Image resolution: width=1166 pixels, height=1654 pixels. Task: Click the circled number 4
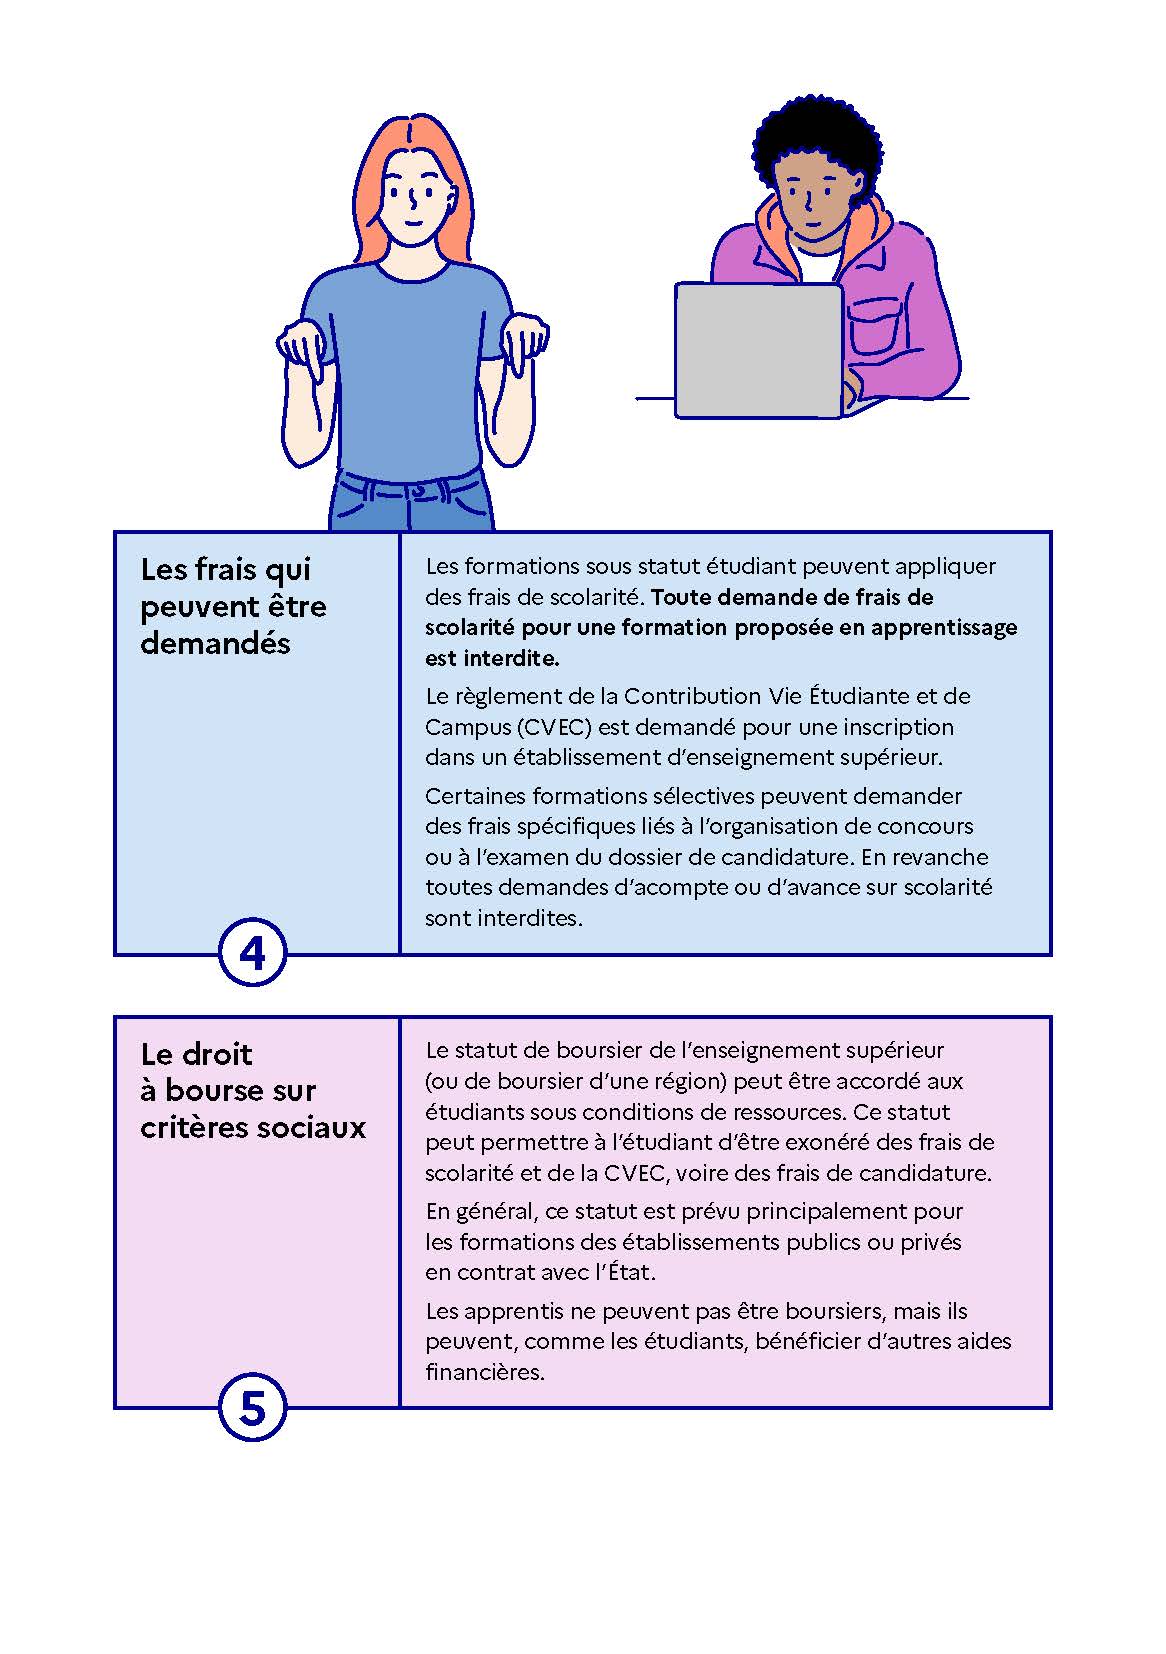[x=253, y=953]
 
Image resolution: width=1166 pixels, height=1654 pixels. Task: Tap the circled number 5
[x=253, y=1407]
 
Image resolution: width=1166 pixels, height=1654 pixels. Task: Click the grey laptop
[x=759, y=350]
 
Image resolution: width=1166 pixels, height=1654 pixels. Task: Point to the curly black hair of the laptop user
[x=817, y=148]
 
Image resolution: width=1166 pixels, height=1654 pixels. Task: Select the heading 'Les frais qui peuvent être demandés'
[x=233, y=606]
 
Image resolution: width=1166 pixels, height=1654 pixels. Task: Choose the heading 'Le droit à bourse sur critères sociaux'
[x=253, y=1091]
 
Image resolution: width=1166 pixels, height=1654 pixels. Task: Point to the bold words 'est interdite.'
[x=492, y=658]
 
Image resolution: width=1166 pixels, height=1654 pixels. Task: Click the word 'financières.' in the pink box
[x=484, y=1372]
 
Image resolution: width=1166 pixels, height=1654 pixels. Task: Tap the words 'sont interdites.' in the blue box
[x=504, y=918]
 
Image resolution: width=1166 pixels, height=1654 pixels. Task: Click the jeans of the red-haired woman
[x=411, y=502]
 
